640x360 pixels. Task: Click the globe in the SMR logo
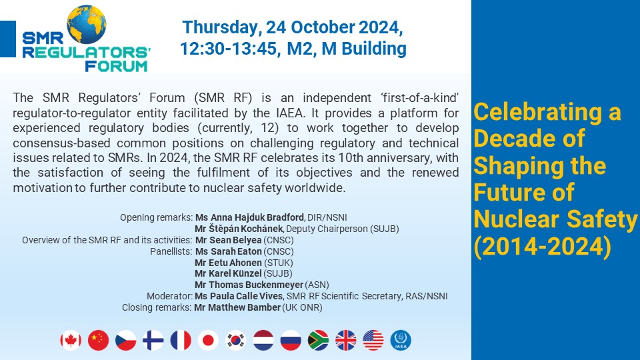click(87, 25)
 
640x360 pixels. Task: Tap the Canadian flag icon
click(71, 341)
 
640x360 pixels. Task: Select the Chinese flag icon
click(99, 341)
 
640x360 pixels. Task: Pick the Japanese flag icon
click(208, 341)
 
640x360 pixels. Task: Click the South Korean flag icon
click(236, 341)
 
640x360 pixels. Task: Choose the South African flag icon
click(319, 341)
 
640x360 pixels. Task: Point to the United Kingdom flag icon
click(346, 341)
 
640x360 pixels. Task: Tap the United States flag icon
click(373, 341)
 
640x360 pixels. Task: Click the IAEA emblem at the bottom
click(401, 341)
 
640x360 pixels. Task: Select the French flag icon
click(181, 341)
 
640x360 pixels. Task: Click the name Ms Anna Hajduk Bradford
click(249, 217)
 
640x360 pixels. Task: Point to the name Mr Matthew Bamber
click(237, 307)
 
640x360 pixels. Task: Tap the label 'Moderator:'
click(169, 296)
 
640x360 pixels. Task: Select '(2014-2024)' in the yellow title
click(543, 247)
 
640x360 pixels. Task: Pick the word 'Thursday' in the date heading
click(219, 28)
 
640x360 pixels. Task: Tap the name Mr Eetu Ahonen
click(228, 263)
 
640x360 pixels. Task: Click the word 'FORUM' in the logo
click(116, 66)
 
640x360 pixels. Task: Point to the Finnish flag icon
click(153, 341)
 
